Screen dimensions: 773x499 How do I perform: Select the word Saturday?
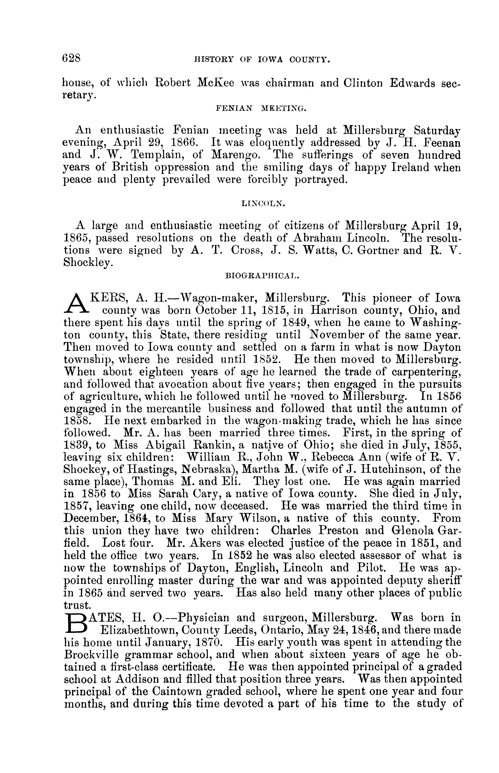433,131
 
